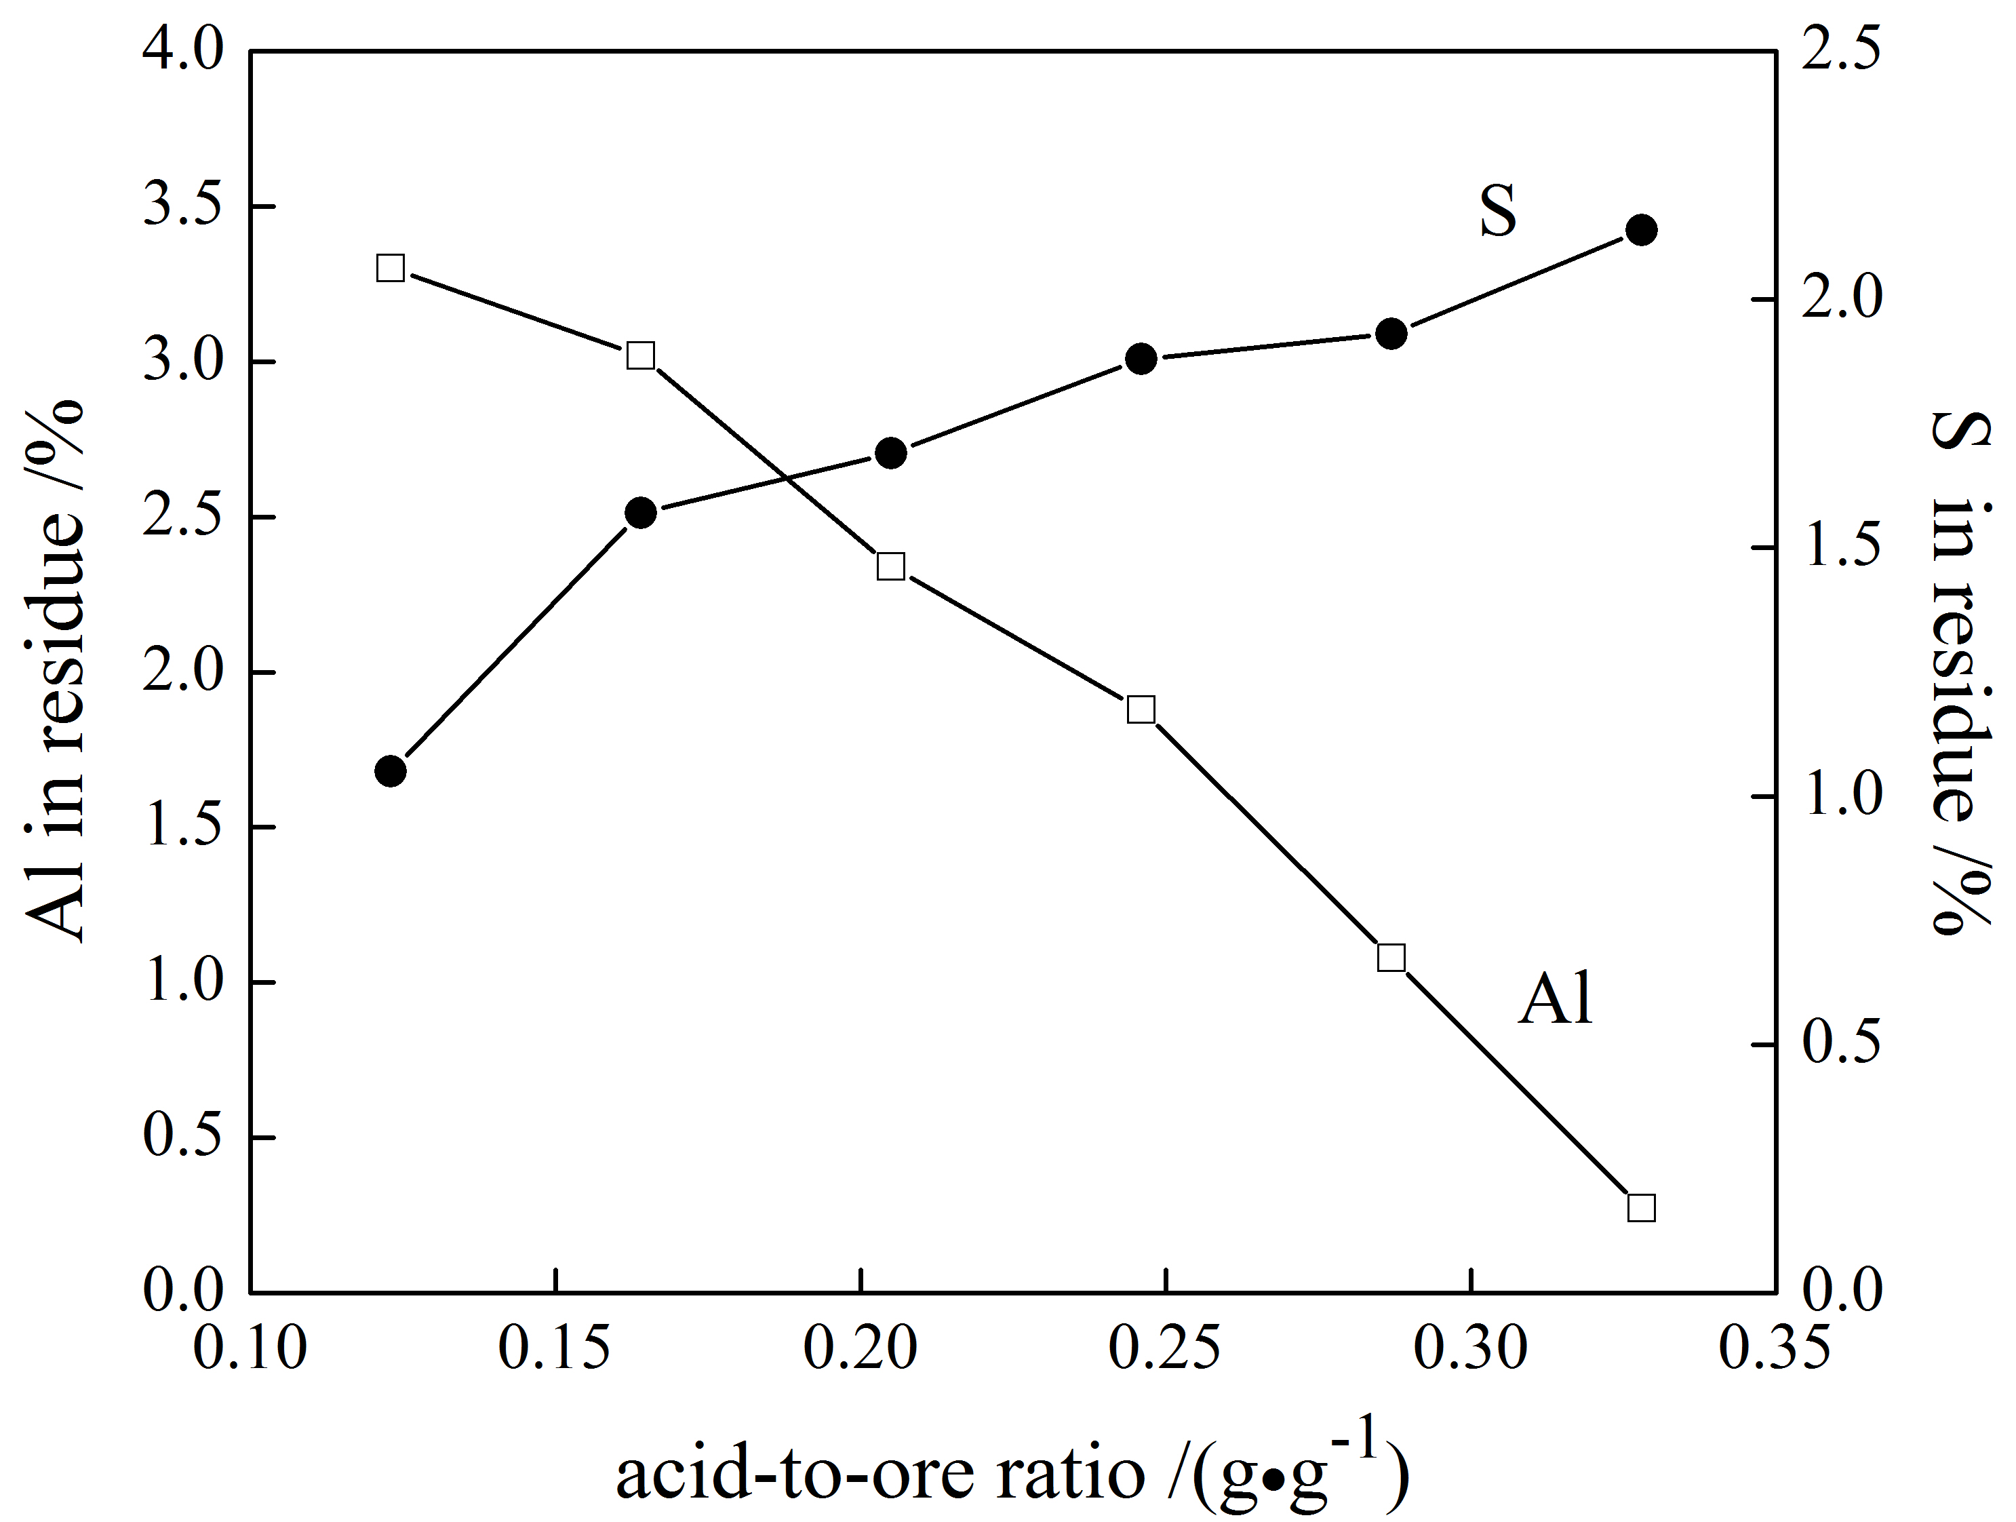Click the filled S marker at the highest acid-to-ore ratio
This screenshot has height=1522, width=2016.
pos(1640,231)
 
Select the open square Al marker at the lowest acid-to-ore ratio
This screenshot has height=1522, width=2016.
pos(390,268)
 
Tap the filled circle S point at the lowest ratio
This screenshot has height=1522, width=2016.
pos(390,771)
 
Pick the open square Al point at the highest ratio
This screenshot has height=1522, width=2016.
pos(1640,1207)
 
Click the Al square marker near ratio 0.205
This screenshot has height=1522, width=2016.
pos(890,566)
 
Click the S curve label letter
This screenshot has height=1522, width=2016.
pos(1497,212)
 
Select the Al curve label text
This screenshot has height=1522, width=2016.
pos(1555,999)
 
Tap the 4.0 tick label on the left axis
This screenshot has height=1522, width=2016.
pos(182,53)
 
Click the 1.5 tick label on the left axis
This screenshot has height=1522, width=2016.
pos(182,827)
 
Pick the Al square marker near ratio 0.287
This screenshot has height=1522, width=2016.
pos(1391,958)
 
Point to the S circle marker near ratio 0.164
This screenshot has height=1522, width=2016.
pos(641,513)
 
